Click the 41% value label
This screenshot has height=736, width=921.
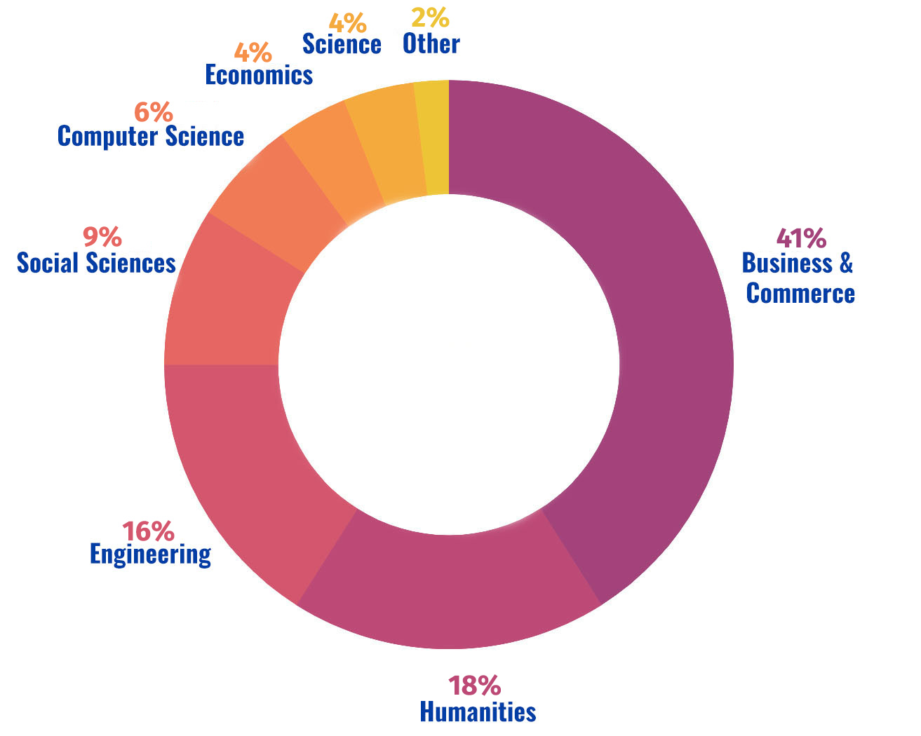(x=801, y=238)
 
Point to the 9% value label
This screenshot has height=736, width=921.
(x=102, y=237)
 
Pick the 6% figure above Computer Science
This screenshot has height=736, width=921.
(x=152, y=111)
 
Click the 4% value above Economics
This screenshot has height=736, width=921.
(x=252, y=52)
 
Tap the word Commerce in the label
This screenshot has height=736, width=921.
(x=800, y=293)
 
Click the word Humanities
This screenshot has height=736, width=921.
(x=477, y=711)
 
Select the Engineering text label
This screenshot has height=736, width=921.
(x=150, y=554)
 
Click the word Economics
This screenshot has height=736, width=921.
(x=258, y=75)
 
